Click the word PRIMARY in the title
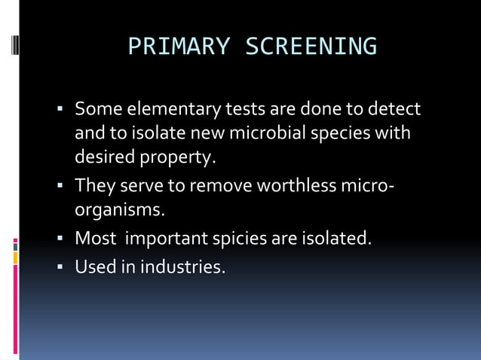click(x=179, y=47)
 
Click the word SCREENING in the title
click(x=311, y=47)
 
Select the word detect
click(x=394, y=110)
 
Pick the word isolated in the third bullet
click(x=336, y=239)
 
